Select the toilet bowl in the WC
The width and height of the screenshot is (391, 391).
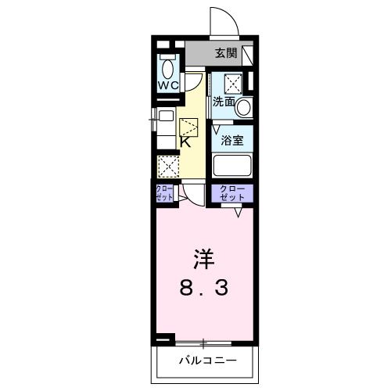pyautogui.click(x=168, y=66)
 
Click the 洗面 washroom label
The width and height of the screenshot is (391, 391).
pyautogui.click(x=224, y=102)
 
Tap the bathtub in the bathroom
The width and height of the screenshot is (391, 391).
pyautogui.click(x=232, y=166)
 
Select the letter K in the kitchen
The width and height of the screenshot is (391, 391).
pyautogui.click(x=186, y=142)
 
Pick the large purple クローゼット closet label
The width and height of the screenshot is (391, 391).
pyautogui.click(x=231, y=193)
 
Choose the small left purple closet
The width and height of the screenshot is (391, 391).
pyautogui.click(x=165, y=193)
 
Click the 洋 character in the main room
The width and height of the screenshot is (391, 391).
pyautogui.click(x=202, y=259)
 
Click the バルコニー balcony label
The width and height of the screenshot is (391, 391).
pyautogui.click(x=207, y=361)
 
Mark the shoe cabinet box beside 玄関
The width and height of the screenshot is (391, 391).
pyautogui.click(x=248, y=56)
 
